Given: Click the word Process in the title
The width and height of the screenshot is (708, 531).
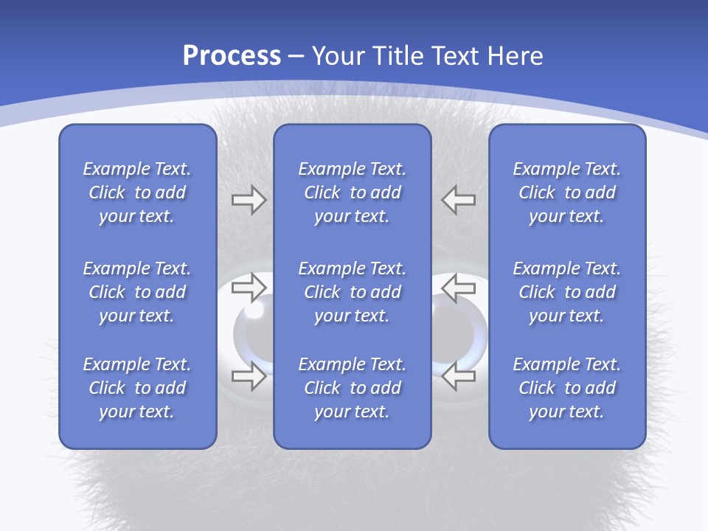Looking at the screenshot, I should click(x=232, y=56).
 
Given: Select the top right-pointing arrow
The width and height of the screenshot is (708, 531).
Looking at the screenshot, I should click(x=249, y=200).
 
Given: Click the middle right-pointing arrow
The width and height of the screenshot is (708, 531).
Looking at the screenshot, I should click(x=249, y=288).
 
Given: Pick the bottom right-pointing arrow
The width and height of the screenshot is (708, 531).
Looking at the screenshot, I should click(x=249, y=376).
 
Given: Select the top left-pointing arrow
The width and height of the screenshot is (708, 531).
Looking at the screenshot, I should click(x=459, y=200).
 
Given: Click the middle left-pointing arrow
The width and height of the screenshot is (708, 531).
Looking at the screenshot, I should click(x=459, y=288).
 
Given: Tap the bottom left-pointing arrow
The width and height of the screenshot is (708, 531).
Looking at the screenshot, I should click(x=459, y=376).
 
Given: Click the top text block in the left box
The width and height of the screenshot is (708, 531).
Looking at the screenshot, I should click(x=137, y=192).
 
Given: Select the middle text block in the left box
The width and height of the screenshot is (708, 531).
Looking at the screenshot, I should click(x=137, y=292).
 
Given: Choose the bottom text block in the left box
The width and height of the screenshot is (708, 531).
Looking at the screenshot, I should click(x=137, y=388).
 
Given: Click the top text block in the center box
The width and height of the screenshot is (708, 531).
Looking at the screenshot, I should click(x=353, y=192).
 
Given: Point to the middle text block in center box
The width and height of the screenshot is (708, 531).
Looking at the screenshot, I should click(x=353, y=292).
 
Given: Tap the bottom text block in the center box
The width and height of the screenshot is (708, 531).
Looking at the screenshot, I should click(x=353, y=388).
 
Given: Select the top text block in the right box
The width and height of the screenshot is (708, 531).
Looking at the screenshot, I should click(x=567, y=192).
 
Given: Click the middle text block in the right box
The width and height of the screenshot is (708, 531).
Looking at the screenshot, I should click(x=567, y=292).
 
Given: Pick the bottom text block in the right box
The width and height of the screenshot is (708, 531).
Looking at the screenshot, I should click(x=567, y=388).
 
